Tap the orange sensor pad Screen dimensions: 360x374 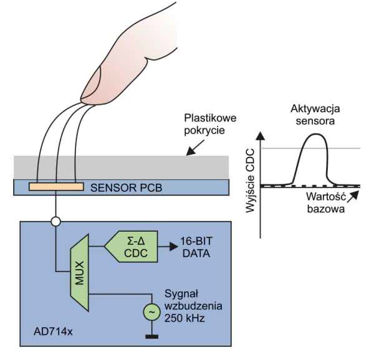tap(56, 186)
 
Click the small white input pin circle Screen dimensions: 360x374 tap(56, 220)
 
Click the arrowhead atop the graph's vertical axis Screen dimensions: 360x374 tap(262, 135)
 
